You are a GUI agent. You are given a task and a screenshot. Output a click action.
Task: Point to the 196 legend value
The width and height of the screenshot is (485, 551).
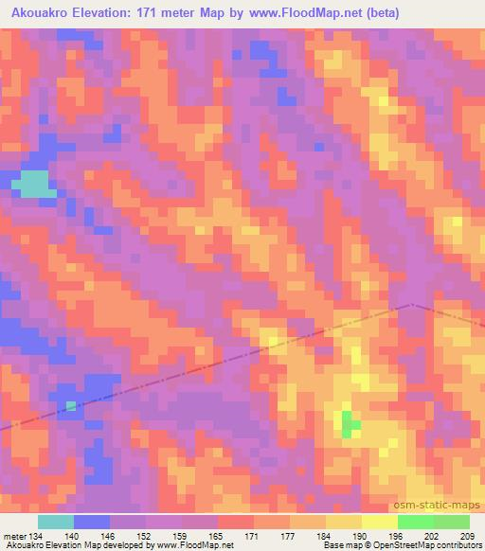[398, 536]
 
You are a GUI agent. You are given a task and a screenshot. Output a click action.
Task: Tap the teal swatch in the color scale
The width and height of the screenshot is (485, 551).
[56, 522]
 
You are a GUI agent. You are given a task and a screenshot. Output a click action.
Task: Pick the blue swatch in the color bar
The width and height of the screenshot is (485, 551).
[92, 522]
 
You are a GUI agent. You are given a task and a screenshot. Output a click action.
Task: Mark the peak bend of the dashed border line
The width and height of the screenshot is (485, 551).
[412, 305]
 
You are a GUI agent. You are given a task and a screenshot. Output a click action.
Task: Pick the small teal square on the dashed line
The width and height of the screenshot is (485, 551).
[71, 406]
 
